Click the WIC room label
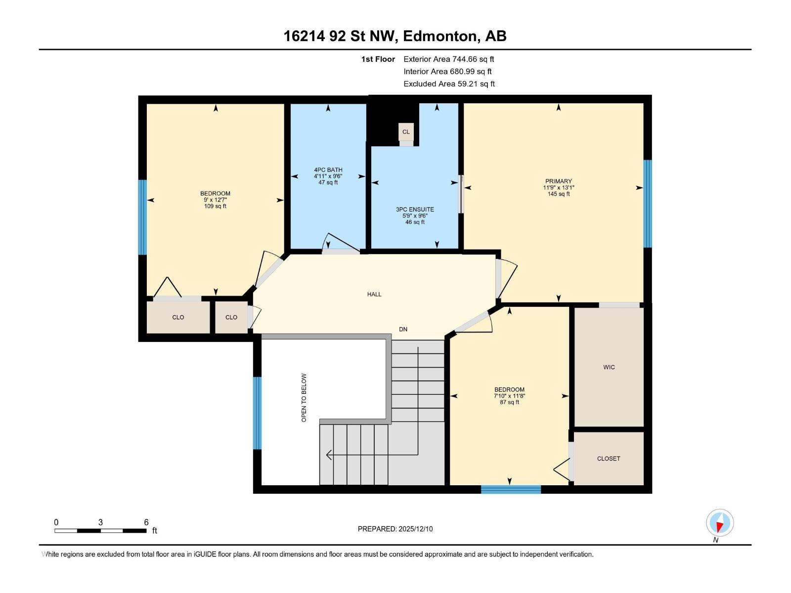coord(609,367)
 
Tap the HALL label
coord(374,294)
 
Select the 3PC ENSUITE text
coord(415,210)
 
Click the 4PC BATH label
coord(328,170)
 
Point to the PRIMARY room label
coord(558,181)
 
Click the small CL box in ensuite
coord(406,132)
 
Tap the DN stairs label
coord(403,329)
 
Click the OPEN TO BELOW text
coord(304,397)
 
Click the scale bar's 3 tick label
coord(100,522)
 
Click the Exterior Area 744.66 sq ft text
coord(448,59)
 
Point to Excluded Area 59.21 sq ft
coord(448,84)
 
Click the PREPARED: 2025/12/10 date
coord(395,529)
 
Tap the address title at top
coord(395,36)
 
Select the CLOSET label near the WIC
coord(608,459)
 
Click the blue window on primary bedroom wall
coord(647,204)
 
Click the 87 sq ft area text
coord(509,402)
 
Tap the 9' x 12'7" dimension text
coord(215,200)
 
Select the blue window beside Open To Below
coord(257,413)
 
